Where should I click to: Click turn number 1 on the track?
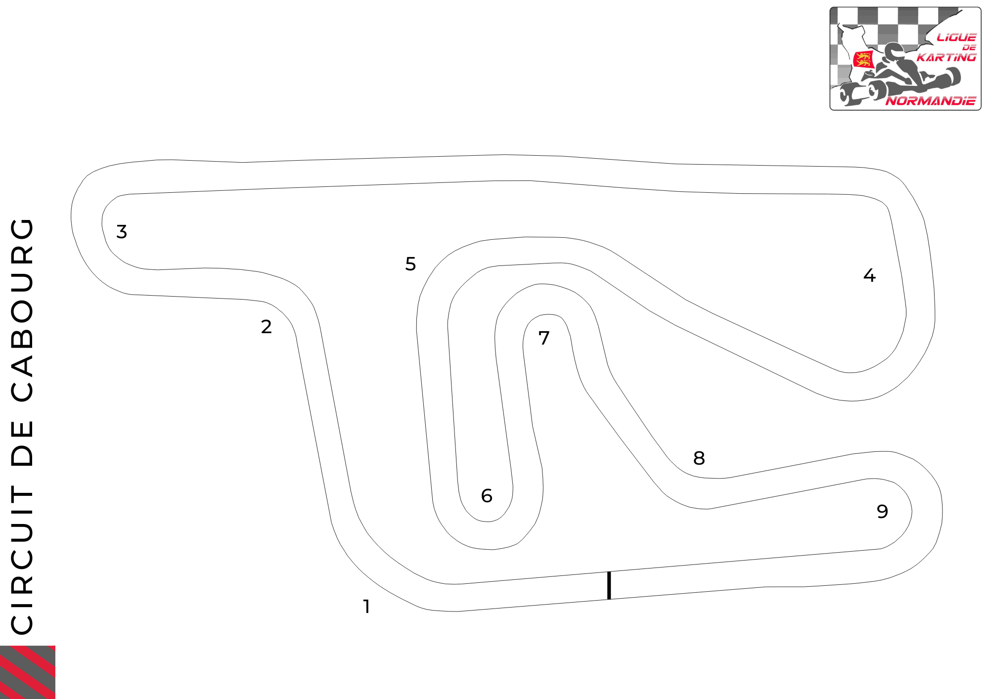click(366, 607)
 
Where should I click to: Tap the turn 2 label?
click(267, 327)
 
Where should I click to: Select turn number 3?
click(122, 232)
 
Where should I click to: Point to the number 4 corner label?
click(869, 275)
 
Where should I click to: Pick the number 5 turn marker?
click(410, 264)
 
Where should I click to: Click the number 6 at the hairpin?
click(487, 496)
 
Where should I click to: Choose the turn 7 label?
click(544, 338)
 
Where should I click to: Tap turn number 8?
click(699, 458)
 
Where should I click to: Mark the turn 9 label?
click(882, 512)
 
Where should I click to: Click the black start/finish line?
click(609, 585)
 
